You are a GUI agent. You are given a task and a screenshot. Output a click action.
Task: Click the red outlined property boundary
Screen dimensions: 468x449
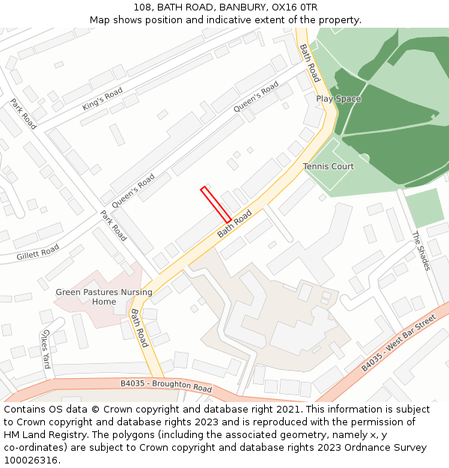(216, 204)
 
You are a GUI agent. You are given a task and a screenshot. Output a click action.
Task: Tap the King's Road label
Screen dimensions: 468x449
(103, 99)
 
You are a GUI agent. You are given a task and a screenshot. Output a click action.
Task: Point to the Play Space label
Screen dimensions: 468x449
(338, 99)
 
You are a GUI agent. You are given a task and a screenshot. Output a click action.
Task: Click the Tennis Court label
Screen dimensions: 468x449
(329, 166)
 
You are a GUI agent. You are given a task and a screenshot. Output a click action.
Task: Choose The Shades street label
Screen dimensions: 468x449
(421, 251)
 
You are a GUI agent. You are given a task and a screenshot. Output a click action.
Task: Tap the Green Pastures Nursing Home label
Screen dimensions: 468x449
(104, 297)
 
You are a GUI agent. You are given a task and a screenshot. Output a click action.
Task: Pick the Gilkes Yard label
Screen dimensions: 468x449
(46, 348)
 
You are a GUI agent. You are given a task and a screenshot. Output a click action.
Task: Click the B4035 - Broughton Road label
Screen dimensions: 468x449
(166, 386)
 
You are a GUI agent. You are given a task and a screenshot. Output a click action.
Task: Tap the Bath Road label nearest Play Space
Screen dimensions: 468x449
(309, 63)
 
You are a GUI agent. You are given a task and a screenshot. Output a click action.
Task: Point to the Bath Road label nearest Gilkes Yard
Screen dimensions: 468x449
(140, 328)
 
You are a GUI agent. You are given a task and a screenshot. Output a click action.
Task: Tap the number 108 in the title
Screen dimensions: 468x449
(143, 7)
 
